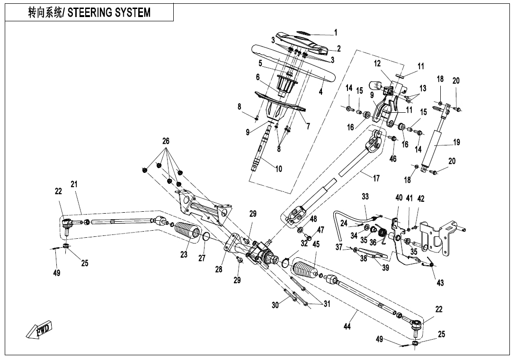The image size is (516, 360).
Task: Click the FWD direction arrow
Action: click(40, 330)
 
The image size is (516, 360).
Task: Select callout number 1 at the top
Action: click(336, 33)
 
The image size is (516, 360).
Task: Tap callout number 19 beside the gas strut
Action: click(456, 142)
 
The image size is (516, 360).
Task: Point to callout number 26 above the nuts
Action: click(166, 141)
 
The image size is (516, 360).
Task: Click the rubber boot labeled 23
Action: click(188, 234)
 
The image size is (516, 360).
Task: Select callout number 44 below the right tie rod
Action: click(347, 326)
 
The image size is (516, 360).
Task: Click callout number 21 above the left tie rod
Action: click(74, 184)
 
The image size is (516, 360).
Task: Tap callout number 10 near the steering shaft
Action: click(278, 169)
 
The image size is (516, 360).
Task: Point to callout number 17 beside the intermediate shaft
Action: click(376, 179)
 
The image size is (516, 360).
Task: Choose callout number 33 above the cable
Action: click(365, 196)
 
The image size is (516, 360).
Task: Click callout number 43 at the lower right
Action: click(440, 283)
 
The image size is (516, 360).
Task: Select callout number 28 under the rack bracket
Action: click(218, 269)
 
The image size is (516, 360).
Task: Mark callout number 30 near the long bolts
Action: click(275, 306)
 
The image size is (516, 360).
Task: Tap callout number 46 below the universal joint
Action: click(393, 159)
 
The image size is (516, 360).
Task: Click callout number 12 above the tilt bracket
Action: click(377, 63)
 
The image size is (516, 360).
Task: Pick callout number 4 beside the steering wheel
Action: click(320, 92)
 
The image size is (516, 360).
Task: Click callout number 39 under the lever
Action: click(386, 268)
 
